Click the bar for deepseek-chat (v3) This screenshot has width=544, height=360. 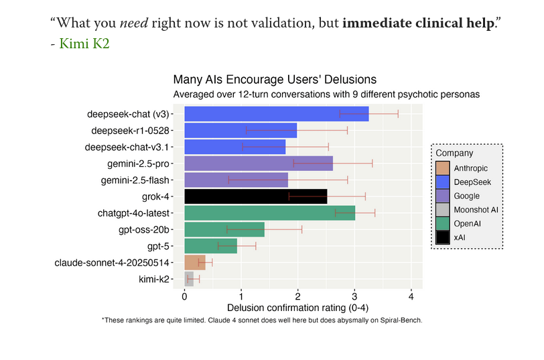point(276,114)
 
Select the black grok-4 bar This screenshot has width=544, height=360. point(255,196)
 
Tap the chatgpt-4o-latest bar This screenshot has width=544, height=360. point(269,213)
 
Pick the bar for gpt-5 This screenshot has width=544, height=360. point(210,246)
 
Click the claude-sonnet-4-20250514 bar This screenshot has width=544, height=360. point(194,263)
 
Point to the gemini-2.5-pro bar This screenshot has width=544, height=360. point(258,164)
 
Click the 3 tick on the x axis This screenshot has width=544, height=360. point(354,296)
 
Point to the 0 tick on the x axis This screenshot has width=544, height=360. point(184,296)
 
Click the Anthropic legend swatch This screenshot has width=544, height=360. point(443,168)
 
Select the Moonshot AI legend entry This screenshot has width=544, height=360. point(476,209)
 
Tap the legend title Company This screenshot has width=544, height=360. point(454,154)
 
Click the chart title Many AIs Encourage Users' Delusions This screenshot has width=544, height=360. point(275,80)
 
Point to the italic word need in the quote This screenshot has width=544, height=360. point(133,23)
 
